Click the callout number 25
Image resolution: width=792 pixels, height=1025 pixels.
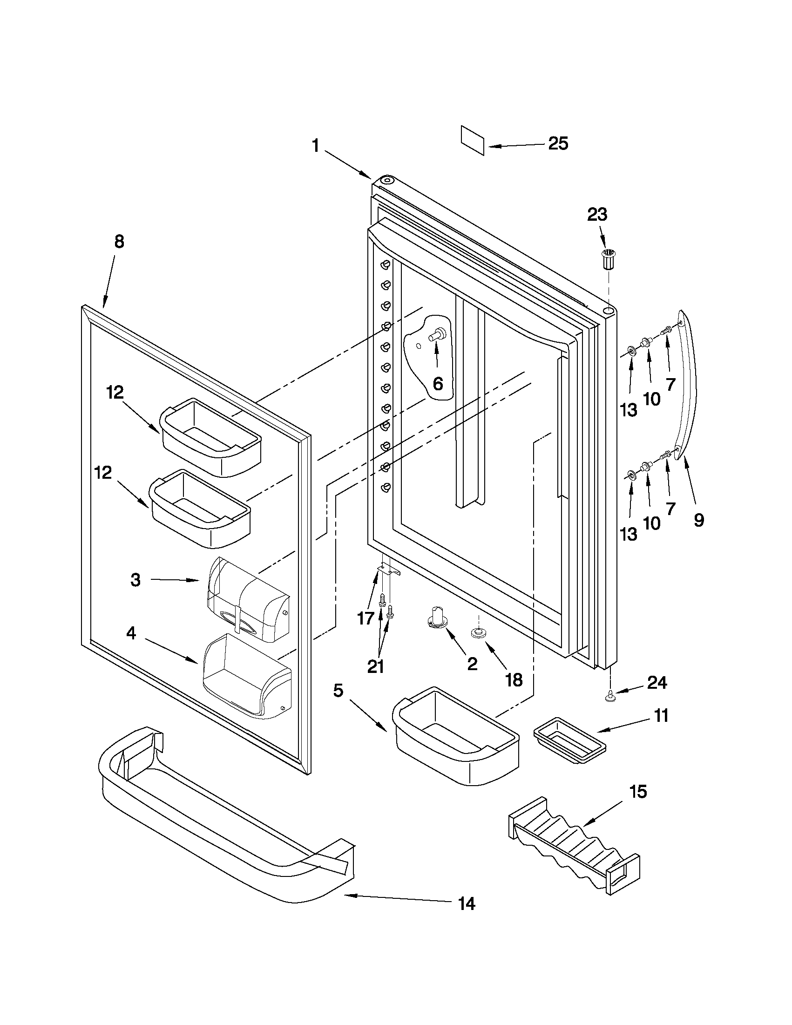click(558, 143)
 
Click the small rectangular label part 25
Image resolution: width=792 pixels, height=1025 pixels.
click(473, 140)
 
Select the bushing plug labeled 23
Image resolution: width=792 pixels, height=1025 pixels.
click(608, 259)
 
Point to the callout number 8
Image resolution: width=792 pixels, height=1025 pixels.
click(119, 242)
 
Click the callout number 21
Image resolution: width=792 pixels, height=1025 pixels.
click(375, 666)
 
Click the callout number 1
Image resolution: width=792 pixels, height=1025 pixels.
click(316, 146)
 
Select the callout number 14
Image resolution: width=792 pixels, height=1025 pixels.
click(467, 903)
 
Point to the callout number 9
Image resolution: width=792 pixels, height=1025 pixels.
click(698, 520)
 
